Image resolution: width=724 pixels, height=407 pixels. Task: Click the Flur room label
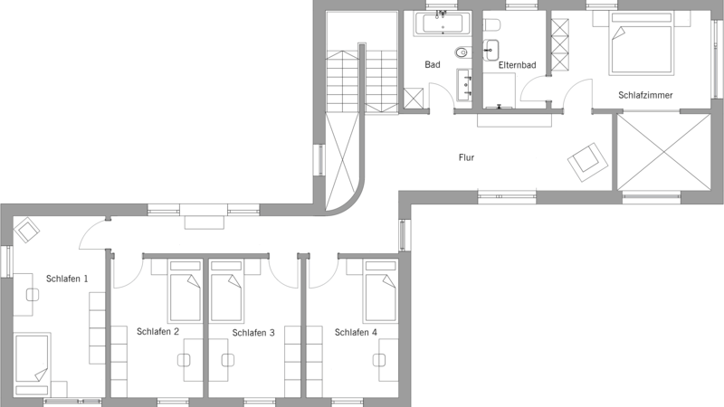(x=466, y=157)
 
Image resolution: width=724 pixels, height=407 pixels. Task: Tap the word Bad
(x=433, y=64)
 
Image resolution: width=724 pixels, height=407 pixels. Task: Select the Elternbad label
(x=517, y=65)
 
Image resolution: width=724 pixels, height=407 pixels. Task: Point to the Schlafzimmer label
(x=645, y=95)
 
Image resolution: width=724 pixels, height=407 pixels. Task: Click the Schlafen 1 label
(x=67, y=279)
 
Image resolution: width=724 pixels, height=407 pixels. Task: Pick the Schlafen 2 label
(x=157, y=331)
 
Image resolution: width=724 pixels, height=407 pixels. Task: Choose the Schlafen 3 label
(x=253, y=333)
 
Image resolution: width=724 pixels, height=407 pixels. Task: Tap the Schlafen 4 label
(x=356, y=332)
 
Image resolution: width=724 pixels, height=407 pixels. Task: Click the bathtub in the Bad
(x=443, y=24)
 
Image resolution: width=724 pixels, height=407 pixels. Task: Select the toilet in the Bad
(x=462, y=52)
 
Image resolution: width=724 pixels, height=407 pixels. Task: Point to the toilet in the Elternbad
(x=491, y=24)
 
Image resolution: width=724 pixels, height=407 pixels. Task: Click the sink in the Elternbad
(x=491, y=50)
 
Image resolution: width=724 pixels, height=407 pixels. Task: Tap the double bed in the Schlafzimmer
(x=641, y=43)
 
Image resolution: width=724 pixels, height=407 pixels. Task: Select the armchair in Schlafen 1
(x=27, y=230)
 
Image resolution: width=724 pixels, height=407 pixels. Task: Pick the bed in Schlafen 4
(x=380, y=291)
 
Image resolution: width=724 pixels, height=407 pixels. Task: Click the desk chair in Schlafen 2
(x=185, y=360)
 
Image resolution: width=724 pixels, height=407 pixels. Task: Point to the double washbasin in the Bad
(x=464, y=84)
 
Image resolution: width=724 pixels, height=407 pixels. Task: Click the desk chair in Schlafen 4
(x=379, y=360)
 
